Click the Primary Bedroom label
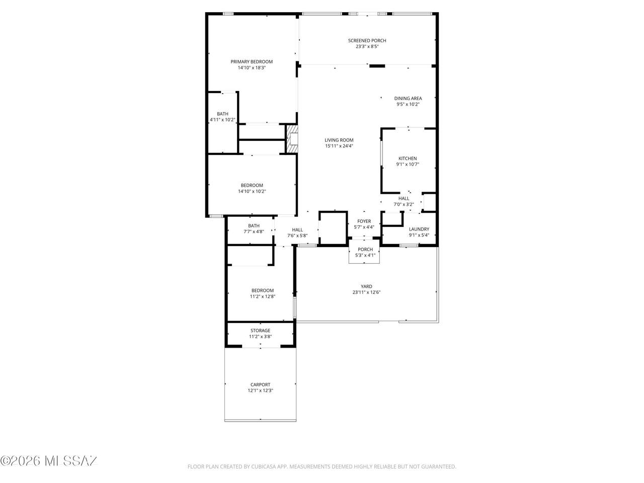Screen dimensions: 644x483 pos(252,61)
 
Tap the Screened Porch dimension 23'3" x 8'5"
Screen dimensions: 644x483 pos(367,46)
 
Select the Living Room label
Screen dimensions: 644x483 pos(339,140)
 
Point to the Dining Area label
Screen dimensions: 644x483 pos(408,99)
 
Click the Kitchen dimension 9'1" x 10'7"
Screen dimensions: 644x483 pos(408,164)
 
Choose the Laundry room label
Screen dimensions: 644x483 pos(419,229)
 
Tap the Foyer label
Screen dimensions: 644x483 pos(364,221)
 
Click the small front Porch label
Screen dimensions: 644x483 pos(365,249)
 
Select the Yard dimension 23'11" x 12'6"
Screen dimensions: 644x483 pos(366,292)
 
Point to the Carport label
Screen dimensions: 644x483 pos(260,384)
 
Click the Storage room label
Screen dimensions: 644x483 pos(260,331)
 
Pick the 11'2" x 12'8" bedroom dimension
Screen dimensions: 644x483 pos(263,296)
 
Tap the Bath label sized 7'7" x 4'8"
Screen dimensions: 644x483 pos(254,226)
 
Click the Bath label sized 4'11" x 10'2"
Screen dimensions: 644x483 pos(223,114)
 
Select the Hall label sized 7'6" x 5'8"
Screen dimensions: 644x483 pos(297,230)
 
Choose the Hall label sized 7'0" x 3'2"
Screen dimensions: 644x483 pos(404,199)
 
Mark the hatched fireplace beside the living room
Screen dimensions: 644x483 pos(292,139)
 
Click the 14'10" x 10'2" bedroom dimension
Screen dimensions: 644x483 pos(252,191)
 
